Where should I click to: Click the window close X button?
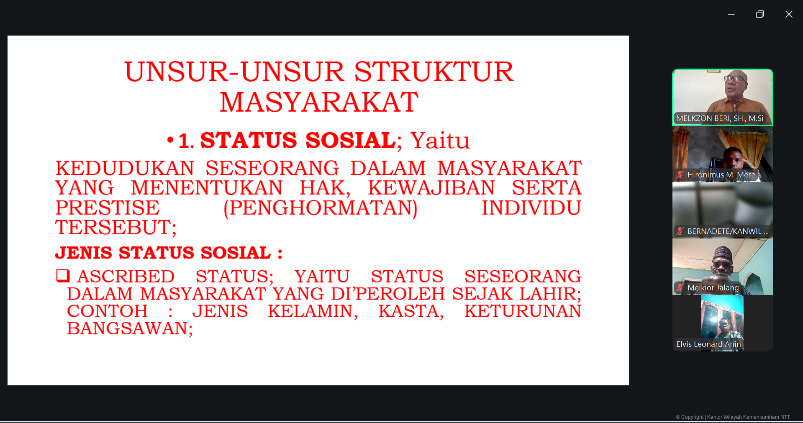coord(789,14)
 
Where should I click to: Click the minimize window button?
coord(731,14)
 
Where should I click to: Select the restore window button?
coord(760,14)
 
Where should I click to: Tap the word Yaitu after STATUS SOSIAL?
coord(440,140)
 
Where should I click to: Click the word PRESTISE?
coord(108,208)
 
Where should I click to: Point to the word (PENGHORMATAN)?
coord(320,208)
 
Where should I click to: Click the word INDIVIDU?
coord(531,208)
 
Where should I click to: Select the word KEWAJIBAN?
coord(431,188)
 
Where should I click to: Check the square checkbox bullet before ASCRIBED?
coord(62,276)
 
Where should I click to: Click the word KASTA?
coord(411,311)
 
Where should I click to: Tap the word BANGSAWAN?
coord(130,329)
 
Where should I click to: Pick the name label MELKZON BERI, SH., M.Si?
coord(720,118)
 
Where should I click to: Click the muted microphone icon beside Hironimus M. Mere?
coord(680,175)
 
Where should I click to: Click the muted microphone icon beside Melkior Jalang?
coord(680,288)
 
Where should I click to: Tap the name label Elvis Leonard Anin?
coord(708,344)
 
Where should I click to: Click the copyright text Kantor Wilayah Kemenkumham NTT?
coord(748,417)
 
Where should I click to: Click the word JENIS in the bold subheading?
coord(84,253)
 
